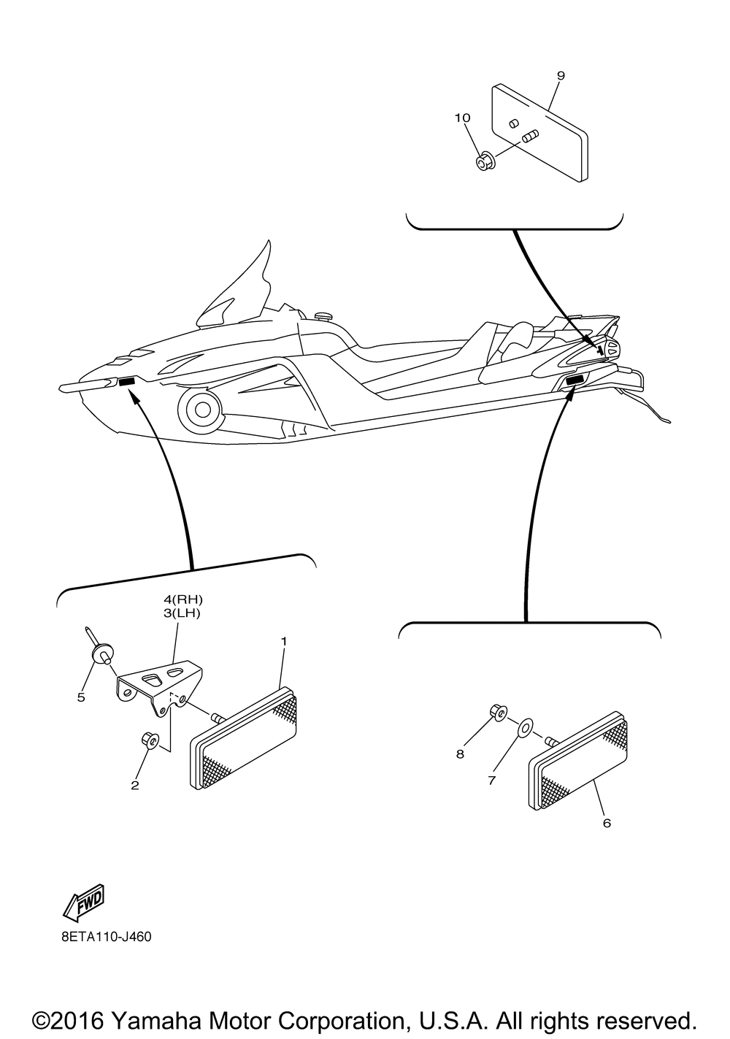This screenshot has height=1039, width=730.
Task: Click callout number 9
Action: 561,75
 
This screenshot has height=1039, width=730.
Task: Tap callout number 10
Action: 463,118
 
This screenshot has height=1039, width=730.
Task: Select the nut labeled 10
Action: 484,162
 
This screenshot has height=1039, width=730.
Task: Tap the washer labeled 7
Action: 525,728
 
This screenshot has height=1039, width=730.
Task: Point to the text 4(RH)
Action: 182,602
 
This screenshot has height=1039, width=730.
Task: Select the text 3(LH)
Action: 182,613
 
